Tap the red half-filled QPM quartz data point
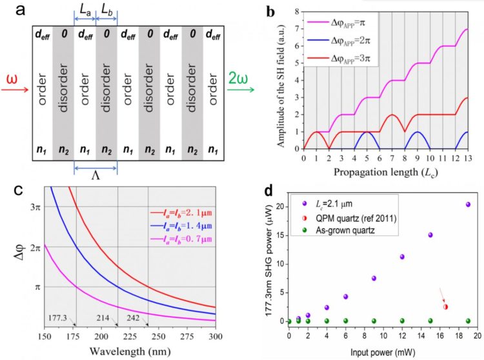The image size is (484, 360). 445,306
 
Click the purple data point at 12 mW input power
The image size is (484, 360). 401,257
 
